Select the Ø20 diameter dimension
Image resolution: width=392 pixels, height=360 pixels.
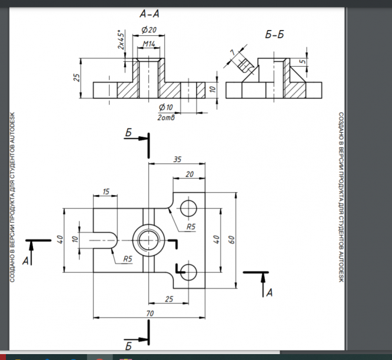point(148,30)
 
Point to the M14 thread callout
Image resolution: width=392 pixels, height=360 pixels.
point(149,44)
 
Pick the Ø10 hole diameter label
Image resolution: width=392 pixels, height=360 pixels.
point(165,107)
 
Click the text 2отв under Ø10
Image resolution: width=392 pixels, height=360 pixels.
point(167,117)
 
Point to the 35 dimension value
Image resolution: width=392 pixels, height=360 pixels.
point(177,159)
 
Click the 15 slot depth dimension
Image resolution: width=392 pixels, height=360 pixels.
point(106,191)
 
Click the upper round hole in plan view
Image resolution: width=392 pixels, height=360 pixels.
point(189,207)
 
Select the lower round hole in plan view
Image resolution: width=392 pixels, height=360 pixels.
point(189,271)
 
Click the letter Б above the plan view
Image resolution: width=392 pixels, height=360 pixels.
point(129,134)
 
